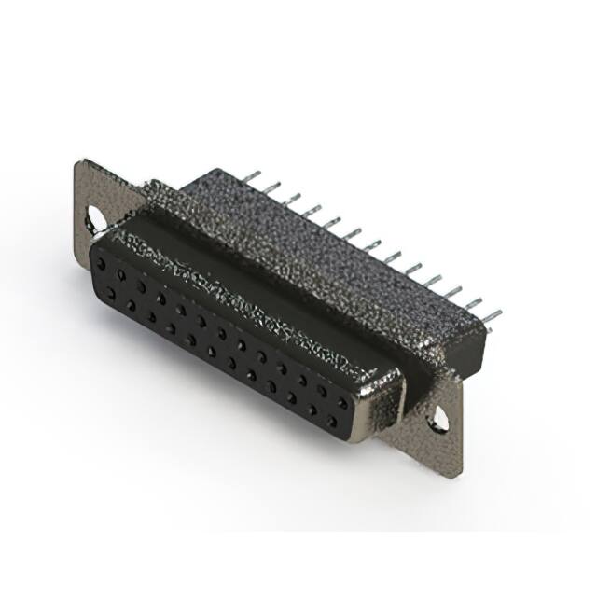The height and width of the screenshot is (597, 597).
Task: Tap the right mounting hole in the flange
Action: [x=437, y=421]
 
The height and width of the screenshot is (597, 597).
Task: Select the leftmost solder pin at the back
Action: [x=251, y=175]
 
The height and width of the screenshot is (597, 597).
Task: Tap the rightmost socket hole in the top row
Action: [x=343, y=402]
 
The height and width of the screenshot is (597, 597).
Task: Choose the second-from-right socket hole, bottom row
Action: [x=312, y=410]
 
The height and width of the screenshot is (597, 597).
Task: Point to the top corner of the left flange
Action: [x=82, y=163]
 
